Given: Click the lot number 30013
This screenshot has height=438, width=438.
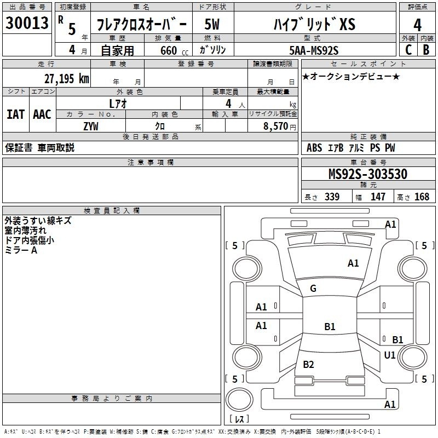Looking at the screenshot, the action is point(27,22).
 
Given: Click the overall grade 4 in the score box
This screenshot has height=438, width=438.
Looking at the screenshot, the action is point(417,25).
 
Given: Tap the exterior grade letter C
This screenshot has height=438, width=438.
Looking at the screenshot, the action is point(408,50).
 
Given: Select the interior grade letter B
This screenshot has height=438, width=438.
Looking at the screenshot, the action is point(426,50).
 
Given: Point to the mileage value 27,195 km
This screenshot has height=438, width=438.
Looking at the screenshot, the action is point(66,78).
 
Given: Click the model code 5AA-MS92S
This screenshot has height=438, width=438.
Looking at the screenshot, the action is point(314,50).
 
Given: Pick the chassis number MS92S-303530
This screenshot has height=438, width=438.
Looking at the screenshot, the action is point(368,174).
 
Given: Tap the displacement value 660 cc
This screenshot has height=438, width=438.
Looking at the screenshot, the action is point(174,50).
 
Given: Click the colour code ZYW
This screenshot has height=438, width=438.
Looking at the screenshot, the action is point(91,126).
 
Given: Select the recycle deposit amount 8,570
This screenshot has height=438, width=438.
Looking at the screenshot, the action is point(276,126).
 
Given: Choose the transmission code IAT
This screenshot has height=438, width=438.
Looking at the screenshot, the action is point(15,114).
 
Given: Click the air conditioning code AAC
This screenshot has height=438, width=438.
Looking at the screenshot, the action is point(42,114).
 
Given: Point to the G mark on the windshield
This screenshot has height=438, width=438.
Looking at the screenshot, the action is point(313,289).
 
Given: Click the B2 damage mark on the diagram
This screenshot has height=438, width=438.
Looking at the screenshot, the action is point(308,364).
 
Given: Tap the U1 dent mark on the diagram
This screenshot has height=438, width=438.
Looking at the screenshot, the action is point(390,355).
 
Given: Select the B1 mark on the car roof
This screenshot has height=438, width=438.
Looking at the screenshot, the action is point(330,326).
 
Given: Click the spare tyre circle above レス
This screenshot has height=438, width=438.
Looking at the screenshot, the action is point(239,400).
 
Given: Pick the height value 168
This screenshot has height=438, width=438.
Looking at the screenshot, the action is point(422,197).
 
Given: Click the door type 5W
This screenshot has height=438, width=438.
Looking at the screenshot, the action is point(212,24).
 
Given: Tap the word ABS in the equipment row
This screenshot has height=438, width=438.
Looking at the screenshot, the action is point(314,148).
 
